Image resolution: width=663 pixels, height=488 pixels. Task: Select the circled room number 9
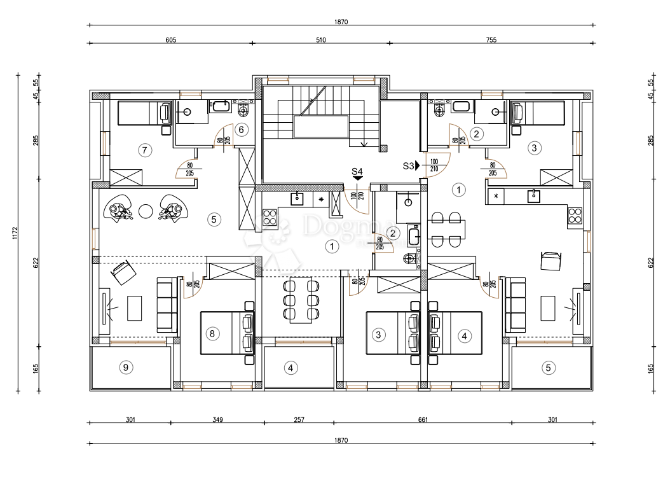click(x=126, y=366)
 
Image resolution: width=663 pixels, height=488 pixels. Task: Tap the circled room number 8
click(x=213, y=333)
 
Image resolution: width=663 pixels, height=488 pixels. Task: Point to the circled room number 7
click(x=144, y=150)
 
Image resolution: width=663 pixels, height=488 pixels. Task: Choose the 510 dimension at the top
click(x=320, y=39)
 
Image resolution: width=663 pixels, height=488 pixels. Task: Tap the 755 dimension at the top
click(x=491, y=39)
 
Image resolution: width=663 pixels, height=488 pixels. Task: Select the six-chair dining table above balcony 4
click(x=301, y=299)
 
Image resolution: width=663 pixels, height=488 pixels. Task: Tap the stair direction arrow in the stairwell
click(x=364, y=144)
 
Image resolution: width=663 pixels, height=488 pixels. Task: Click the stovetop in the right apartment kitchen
click(x=575, y=215)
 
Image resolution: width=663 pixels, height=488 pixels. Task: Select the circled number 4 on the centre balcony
click(x=290, y=367)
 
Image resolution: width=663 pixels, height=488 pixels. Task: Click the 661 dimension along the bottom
click(x=423, y=420)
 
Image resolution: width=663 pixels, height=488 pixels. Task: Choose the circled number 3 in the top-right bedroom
click(x=534, y=148)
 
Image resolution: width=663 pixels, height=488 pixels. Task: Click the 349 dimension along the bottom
click(x=217, y=420)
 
